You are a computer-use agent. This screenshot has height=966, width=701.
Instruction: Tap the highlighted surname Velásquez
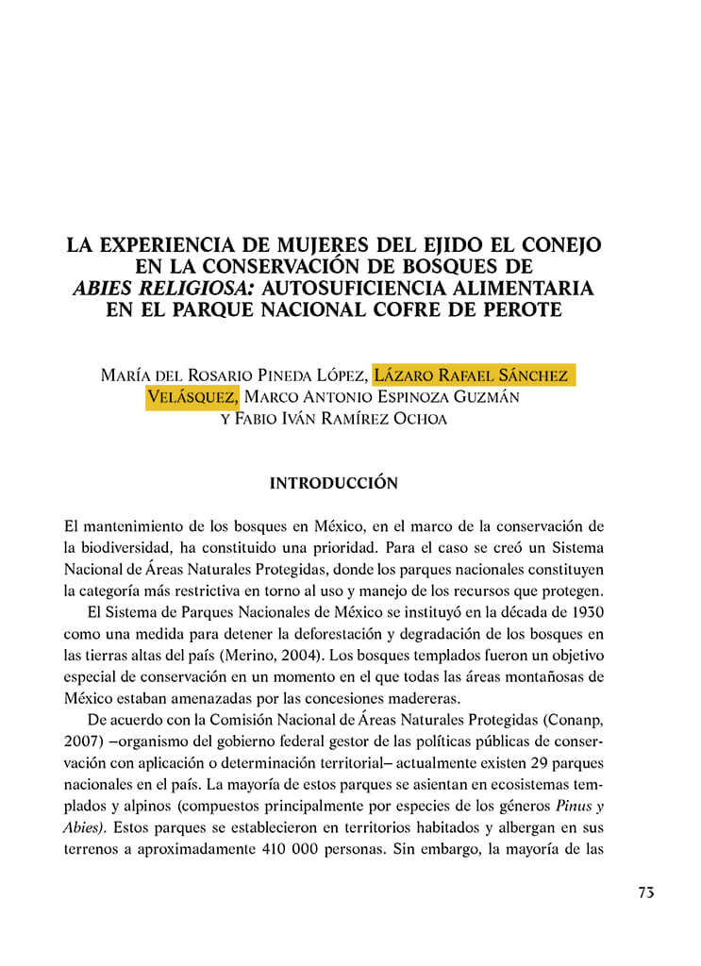(192, 397)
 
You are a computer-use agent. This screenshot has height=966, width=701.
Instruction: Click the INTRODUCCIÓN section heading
(334, 483)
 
